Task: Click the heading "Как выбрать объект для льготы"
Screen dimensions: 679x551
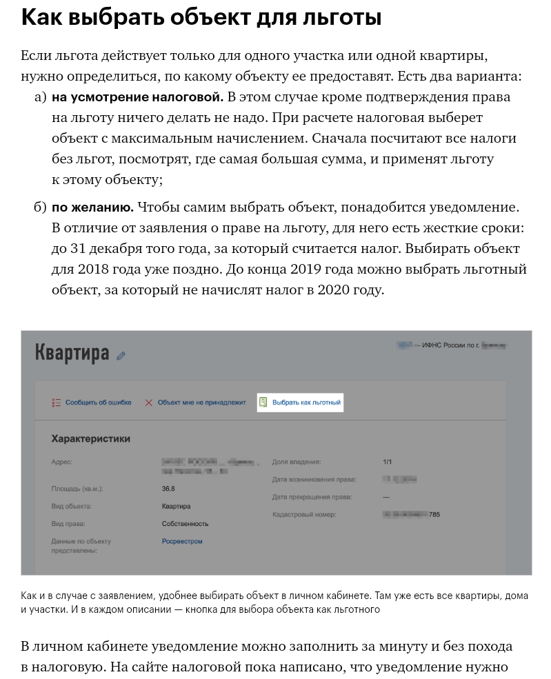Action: coord(201,18)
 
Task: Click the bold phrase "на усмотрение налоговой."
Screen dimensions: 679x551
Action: coord(137,97)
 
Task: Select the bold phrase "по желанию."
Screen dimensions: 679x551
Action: coord(92,207)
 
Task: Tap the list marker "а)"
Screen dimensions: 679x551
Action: coord(40,97)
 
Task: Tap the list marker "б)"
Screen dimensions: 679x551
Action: coord(40,207)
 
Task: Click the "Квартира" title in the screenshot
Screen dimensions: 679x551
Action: coord(72,353)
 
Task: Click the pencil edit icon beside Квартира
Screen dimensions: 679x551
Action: coord(121,356)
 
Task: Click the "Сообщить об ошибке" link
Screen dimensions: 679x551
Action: coord(98,403)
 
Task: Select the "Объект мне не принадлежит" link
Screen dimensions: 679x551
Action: coord(201,403)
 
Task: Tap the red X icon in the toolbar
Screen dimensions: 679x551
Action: coord(148,403)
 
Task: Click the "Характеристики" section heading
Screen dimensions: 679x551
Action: coord(90,438)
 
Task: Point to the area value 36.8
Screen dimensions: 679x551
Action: coord(168,489)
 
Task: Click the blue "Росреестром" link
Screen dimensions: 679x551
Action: coord(182,541)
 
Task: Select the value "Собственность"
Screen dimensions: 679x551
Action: coord(185,524)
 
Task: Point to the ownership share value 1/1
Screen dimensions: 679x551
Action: coord(388,462)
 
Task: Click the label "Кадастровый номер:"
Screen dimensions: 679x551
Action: coord(303,514)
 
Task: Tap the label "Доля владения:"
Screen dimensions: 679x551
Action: coord(297,462)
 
